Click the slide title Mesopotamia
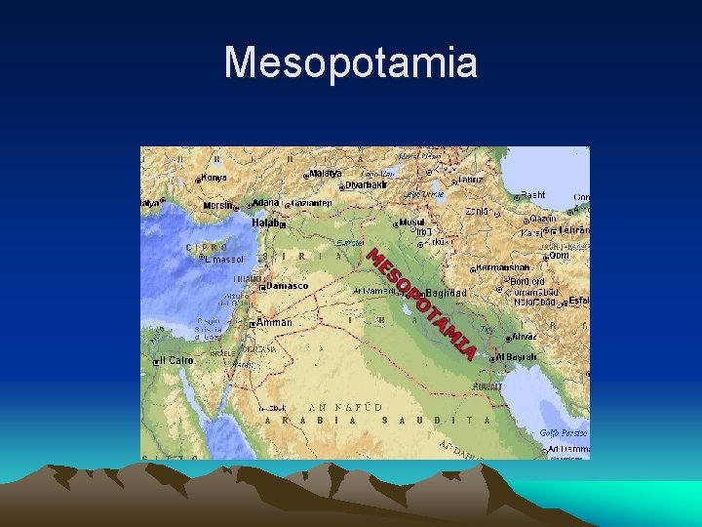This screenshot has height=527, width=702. [351, 63]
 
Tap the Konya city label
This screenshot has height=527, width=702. [214, 178]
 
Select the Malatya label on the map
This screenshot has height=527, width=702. [325, 174]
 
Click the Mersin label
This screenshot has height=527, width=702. [217, 206]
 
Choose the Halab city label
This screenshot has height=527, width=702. [265, 223]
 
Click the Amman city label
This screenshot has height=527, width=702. [274, 322]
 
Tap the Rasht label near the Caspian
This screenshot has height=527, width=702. [533, 195]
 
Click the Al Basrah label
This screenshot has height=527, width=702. [517, 357]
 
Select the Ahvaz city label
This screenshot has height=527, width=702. [524, 336]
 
